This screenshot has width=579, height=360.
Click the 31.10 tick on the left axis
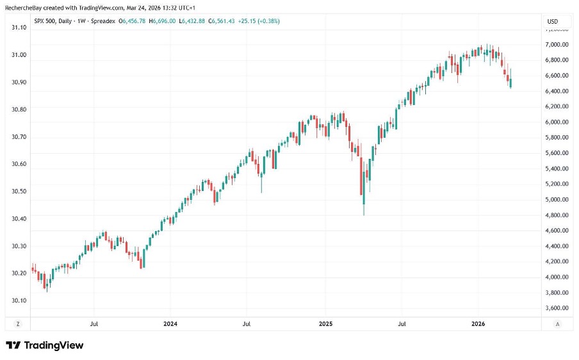(18, 28)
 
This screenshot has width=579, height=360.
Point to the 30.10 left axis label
(18, 300)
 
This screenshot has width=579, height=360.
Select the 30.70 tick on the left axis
(18, 137)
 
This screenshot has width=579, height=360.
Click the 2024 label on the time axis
(170, 324)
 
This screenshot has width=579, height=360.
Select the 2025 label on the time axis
(325, 324)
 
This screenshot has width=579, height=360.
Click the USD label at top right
(552, 21)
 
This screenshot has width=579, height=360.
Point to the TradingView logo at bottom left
(45, 345)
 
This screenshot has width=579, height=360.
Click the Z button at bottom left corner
(18, 324)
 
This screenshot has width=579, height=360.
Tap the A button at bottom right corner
(557, 324)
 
